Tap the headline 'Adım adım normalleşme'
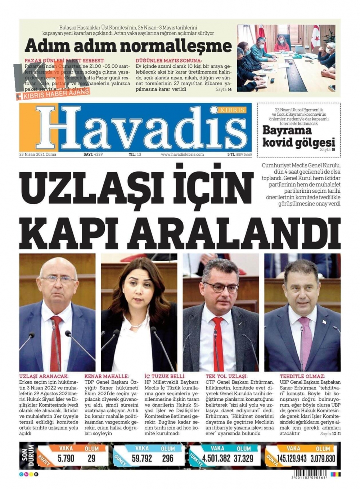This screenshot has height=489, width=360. [x=128, y=46]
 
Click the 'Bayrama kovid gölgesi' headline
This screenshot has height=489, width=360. [x=298, y=136]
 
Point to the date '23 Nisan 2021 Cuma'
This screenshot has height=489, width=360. [x=38, y=155]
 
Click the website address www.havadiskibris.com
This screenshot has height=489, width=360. [x=182, y=155]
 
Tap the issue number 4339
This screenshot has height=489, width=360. [x=98, y=155]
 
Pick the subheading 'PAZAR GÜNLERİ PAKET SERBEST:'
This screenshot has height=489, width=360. [x=64, y=61]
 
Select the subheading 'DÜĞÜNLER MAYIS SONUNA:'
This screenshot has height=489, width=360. [x=168, y=61]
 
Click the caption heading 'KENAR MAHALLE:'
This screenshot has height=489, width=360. [x=106, y=376]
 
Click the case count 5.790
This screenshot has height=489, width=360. [x=66, y=458]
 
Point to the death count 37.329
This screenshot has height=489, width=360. [x=243, y=458]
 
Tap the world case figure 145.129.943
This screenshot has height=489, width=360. [x=292, y=458]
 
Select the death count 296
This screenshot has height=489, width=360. [x=168, y=458]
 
